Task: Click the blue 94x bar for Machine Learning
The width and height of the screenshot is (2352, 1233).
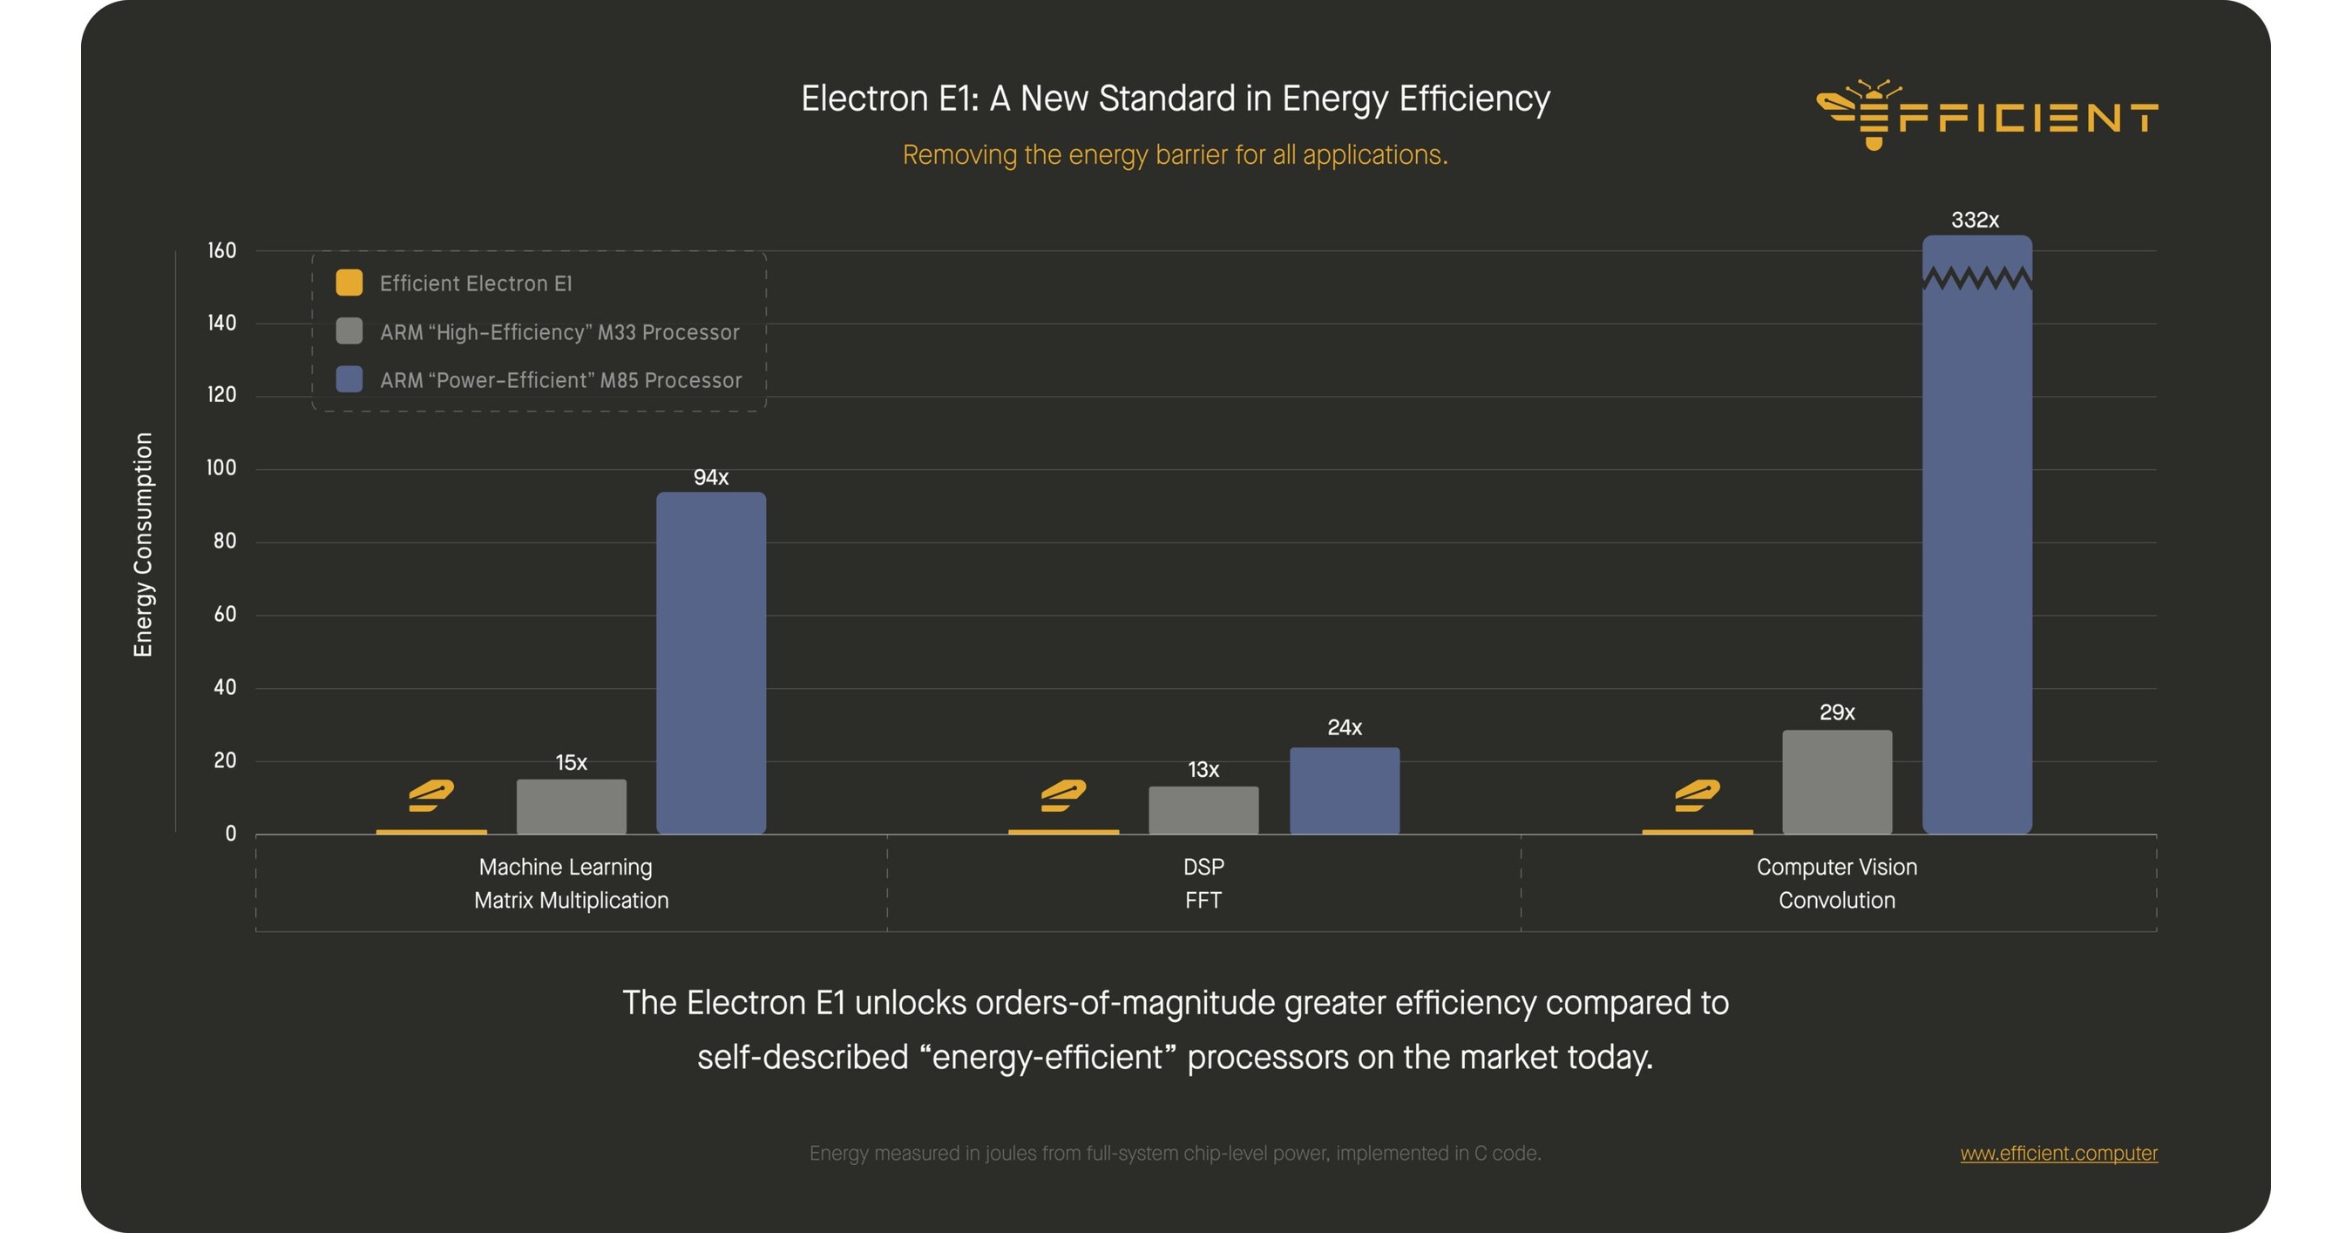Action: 710,662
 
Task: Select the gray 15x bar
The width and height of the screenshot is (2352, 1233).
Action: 571,806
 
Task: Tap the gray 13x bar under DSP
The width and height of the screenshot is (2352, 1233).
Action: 1203,809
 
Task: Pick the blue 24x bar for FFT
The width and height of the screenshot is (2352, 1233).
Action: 1343,790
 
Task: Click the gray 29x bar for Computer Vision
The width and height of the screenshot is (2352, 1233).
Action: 1836,781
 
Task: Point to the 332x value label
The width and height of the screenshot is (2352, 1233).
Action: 1974,220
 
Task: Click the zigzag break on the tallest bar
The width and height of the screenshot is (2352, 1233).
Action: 1976,276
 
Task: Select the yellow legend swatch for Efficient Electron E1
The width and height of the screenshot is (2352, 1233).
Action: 349,283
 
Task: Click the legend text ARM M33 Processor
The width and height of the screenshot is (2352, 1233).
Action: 559,332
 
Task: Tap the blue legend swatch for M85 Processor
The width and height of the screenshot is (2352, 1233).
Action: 349,379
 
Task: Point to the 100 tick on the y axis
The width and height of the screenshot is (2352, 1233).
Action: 221,467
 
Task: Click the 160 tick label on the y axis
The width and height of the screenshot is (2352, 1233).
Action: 221,250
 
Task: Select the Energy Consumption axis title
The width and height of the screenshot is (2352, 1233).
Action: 143,544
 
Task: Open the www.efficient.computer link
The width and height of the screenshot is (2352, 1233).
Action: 2058,1153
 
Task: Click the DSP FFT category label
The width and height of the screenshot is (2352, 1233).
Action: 1203,883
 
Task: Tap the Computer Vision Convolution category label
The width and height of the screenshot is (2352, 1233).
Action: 1836,883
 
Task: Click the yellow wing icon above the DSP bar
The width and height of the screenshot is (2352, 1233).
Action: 1063,795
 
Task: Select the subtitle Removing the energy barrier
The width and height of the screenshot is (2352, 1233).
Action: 1174,155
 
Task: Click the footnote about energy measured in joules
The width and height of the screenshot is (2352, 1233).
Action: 1174,1153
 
